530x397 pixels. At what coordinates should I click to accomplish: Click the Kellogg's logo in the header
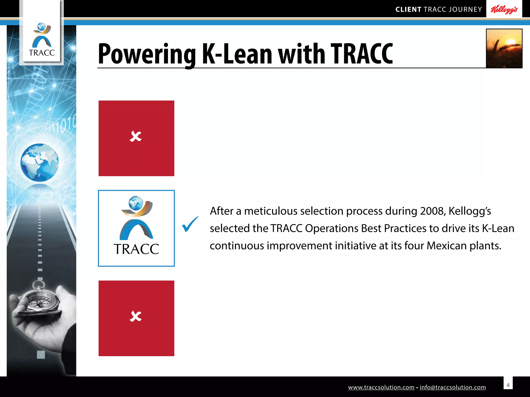pos(504,10)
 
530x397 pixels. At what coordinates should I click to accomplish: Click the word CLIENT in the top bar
pos(408,10)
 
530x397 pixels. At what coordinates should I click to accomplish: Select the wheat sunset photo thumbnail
pos(504,48)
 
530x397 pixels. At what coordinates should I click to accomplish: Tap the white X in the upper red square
pos(136,136)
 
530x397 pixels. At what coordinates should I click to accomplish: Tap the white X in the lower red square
pos(136,316)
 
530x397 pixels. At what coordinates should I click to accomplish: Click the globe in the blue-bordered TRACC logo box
pos(136,203)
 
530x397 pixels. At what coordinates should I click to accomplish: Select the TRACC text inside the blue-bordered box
pos(136,249)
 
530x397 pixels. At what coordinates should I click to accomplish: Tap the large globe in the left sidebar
pos(40,162)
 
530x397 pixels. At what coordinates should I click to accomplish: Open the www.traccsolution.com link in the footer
pos(381,387)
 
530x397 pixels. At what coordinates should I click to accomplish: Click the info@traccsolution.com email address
pos(453,387)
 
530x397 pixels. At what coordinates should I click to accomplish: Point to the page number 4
pos(508,385)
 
